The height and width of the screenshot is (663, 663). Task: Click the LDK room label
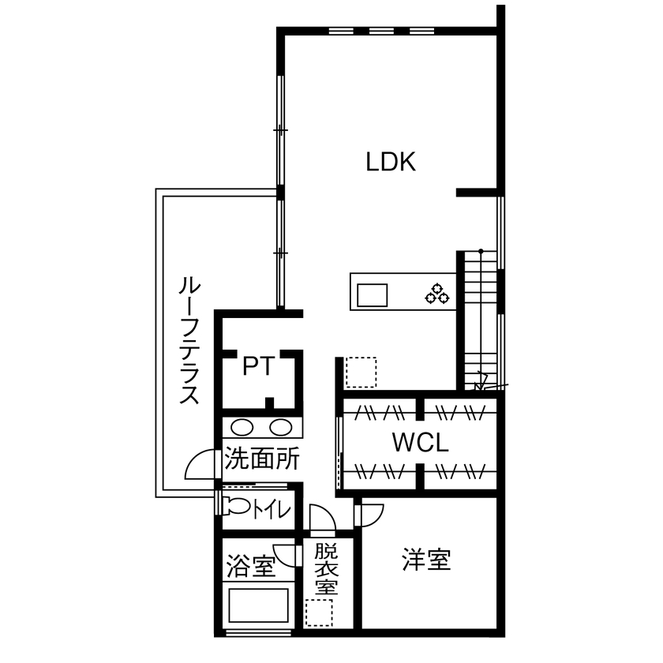(x=390, y=163)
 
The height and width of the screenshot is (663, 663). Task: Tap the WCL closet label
(x=420, y=442)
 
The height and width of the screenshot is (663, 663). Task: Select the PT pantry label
(x=258, y=367)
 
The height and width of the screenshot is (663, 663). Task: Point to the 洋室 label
(x=426, y=560)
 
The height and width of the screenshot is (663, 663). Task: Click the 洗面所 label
(x=261, y=459)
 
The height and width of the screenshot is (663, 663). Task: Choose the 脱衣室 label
(x=326, y=568)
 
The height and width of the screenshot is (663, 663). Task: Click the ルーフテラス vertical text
(x=187, y=339)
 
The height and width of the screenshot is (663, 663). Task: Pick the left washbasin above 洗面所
(x=242, y=428)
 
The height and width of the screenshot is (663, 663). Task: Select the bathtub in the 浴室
(x=258, y=607)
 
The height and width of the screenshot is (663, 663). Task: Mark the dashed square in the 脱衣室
(x=319, y=612)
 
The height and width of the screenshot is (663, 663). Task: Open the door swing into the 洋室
(x=369, y=514)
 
